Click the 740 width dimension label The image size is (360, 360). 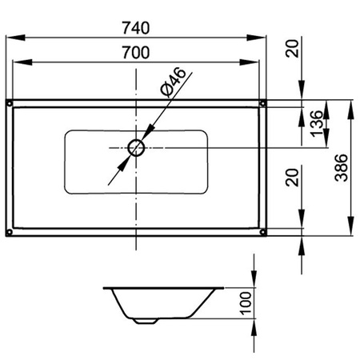pos(136,28)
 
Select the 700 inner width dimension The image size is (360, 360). pos(136,53)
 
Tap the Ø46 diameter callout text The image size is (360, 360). pos(173,82)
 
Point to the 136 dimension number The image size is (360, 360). pos(317,123)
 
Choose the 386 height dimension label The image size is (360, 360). pos(342,168)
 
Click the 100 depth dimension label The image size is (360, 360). pos(246,303)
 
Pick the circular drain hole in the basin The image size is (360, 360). pos(136,148)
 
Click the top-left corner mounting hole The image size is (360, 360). pos(10,103)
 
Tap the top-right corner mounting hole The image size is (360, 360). pos(262,103)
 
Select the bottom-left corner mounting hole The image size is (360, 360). pos(10,232)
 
